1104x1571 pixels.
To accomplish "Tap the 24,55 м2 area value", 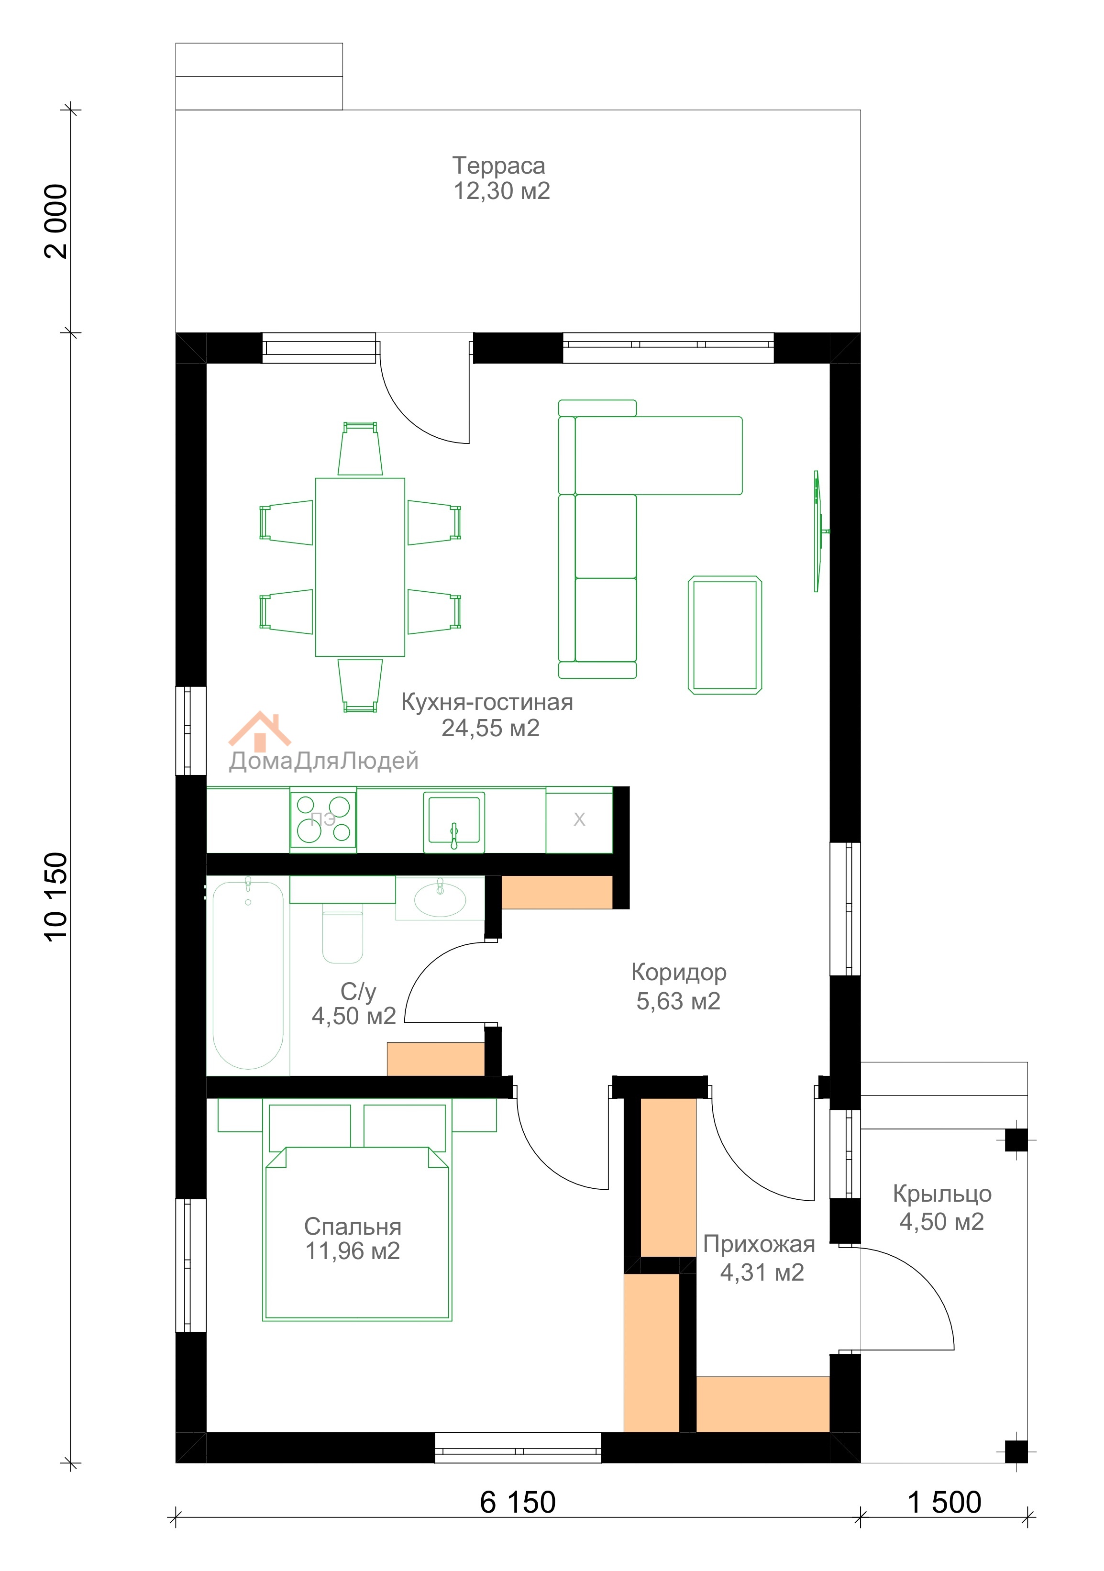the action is (x=490, y=728).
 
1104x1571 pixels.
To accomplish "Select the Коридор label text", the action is (x=679, y=972).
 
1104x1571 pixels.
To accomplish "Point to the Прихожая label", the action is (x=759, y=1244).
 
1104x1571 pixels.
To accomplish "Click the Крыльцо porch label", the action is (x=942, y=1194).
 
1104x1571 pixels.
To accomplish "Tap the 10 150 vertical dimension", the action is (x=56, y=897).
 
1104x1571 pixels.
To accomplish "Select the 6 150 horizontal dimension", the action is (x=518, y=1503).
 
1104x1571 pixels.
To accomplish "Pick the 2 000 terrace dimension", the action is (x=56, y=221).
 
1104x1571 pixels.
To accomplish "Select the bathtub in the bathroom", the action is (x=248, y=975).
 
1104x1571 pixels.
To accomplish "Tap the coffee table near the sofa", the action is (x=725, y=635).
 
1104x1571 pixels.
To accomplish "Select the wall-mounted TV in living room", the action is (x=818, y=531).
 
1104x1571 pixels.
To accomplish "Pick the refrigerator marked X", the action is (x=579, y=820).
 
